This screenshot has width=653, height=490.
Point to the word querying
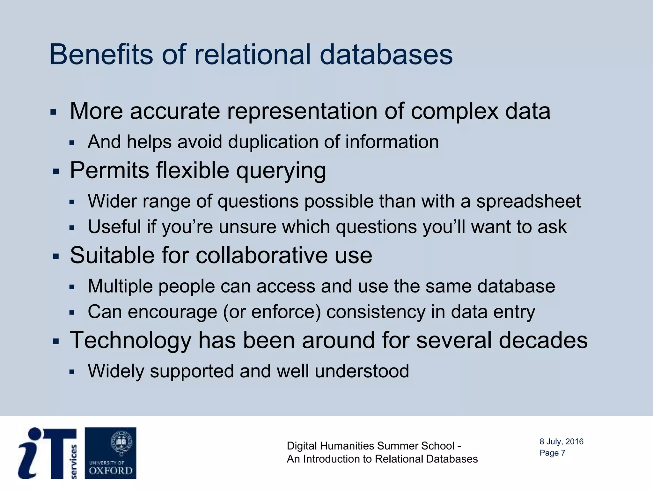coord(281,171)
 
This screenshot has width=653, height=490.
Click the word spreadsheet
coord(528,202)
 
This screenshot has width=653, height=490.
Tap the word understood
coord(362,371)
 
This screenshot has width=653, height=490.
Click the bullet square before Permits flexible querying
coord(56,172)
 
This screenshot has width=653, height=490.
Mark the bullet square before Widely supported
coord(72,372)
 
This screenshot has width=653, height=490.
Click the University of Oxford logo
coord(110,453)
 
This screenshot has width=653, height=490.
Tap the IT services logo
coord(48,453)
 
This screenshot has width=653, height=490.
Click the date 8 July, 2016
coord(561,442)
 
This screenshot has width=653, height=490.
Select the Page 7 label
coord(552,453)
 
